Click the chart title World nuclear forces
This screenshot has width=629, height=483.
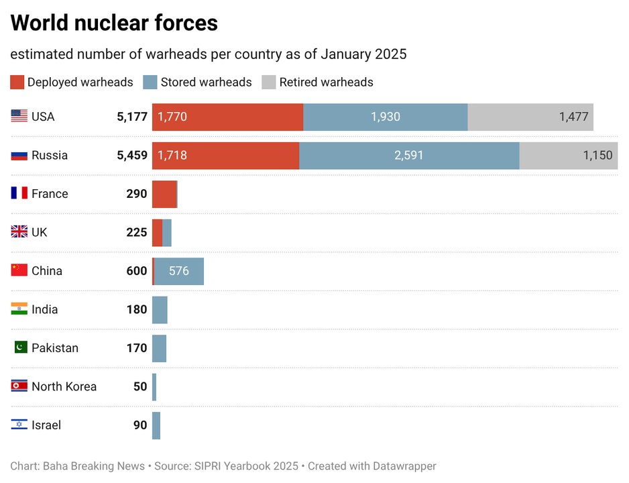coord(114,23)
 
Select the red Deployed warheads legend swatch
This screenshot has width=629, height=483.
coord(17,83)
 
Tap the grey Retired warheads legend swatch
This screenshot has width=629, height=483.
coord(268,83)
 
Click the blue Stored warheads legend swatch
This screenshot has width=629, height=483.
coord(150,83)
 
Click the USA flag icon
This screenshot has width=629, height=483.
coord(19,117)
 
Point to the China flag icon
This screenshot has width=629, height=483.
coord(19,271)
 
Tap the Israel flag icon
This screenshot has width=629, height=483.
coord(19,425)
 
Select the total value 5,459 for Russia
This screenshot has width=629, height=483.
coord(131,156)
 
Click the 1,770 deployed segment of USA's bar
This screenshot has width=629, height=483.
coord(227,117)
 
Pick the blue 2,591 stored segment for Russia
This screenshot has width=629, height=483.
coord(409,156)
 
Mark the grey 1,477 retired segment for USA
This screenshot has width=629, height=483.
coord(530,117)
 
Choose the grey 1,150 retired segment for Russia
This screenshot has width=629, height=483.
coord(568,156)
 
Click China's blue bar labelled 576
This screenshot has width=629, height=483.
coord(179,271)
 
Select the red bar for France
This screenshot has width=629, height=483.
coord(164,194)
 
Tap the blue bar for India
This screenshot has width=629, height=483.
coord(160,310)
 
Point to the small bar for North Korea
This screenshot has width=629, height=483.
coord(154,387)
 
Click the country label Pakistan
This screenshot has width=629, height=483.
coord(55,348)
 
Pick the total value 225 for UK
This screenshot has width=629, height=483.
coord(136,233)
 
